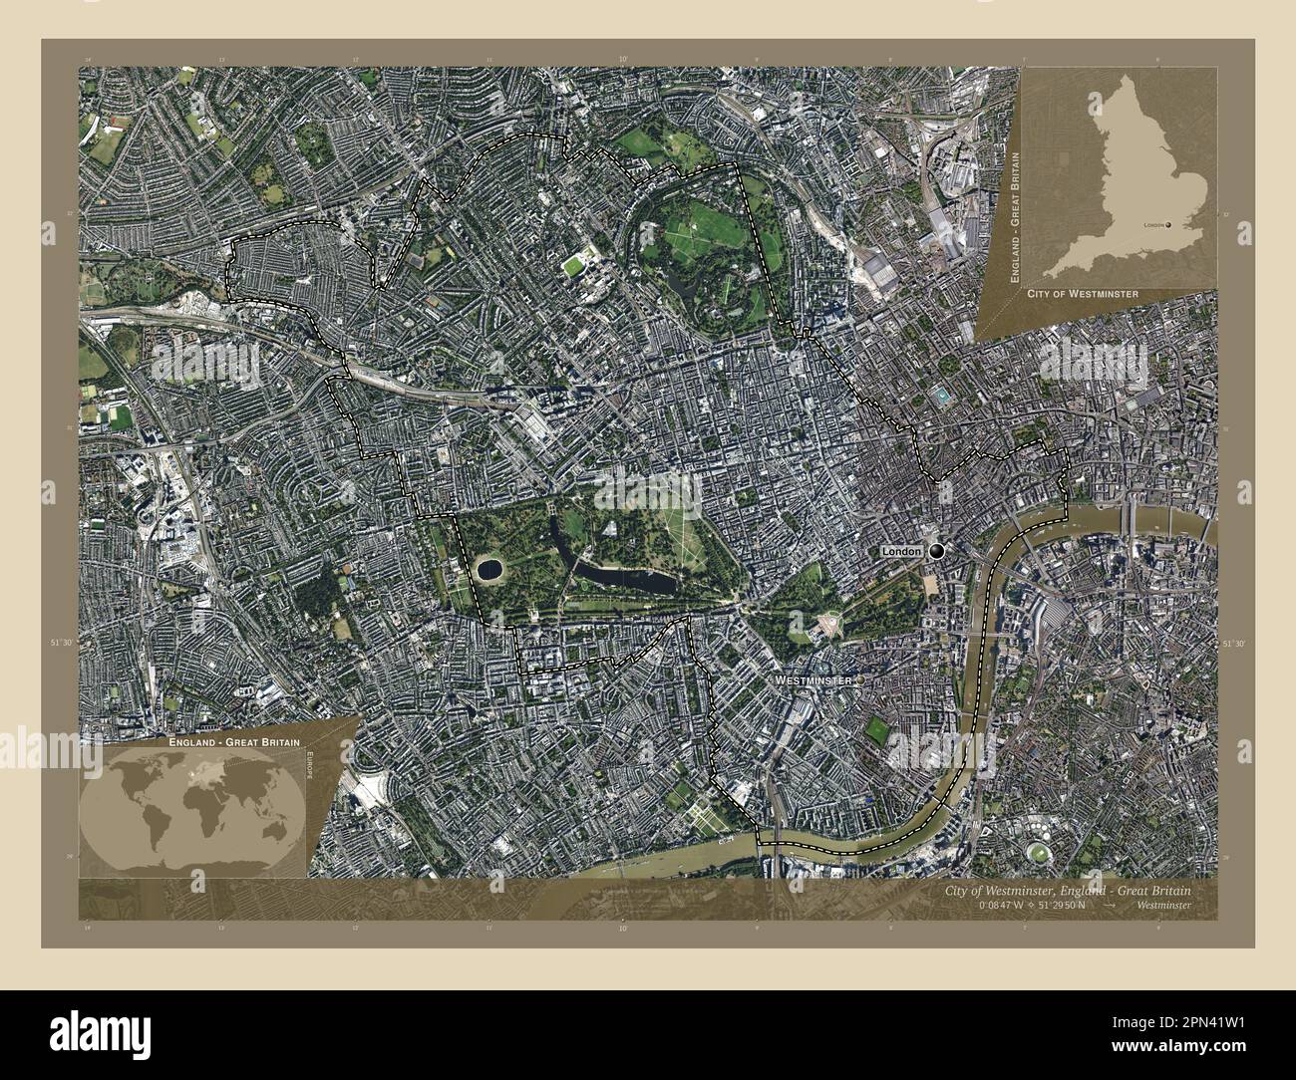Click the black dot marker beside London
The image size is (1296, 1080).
point(936,551)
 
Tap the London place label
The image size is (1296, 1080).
point(901,551)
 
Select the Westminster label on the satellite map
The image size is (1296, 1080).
point(812,679)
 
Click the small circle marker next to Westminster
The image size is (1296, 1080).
point(860,679)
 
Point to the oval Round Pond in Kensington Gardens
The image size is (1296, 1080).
point(488,569)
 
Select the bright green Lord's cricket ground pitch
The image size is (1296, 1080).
point(574,266)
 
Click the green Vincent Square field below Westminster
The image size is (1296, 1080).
point(877,731)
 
